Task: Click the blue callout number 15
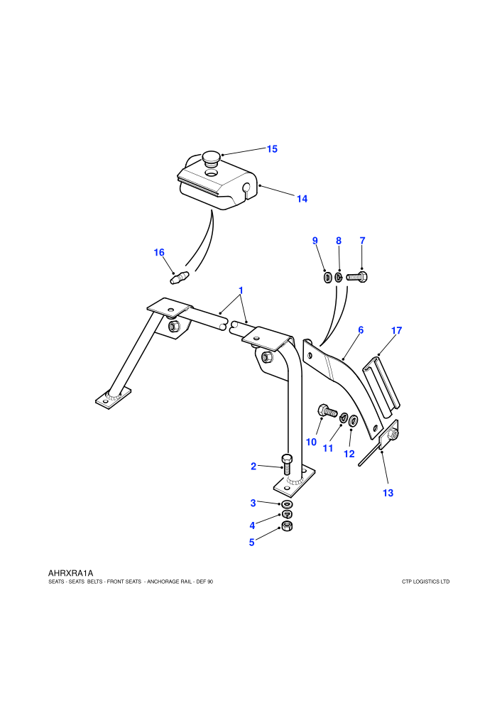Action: pyautogui.click(x=272, y=149)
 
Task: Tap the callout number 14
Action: pyautogui.click(x=302, y=199)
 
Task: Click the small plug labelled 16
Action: pyautogui.click(x=180, y=277)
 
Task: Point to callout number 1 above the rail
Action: pyautogui.click(x=241, y=290)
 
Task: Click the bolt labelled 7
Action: pyautogui.click(x=357, y=277)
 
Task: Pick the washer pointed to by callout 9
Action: pyautogui.click(x=327, y=278)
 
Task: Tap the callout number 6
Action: pyautogui.click(x=361, y=330)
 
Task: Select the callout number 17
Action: pyautogui.click(x=397, y=330)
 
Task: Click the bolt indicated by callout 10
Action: pyautogui.click(x=327, y=410)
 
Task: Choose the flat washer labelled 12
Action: pyautogui.click(x=353, y=420)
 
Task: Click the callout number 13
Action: pyautogui.click(x=388, y=493)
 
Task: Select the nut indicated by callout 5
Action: pyautogui.click(x=288, y=526)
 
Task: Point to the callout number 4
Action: pyautogui.click(x=252, y=525)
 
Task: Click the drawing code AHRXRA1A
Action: pyautogui.click(x=70, y=573)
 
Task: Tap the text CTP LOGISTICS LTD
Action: pyautogui.click(x=426, y=582)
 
